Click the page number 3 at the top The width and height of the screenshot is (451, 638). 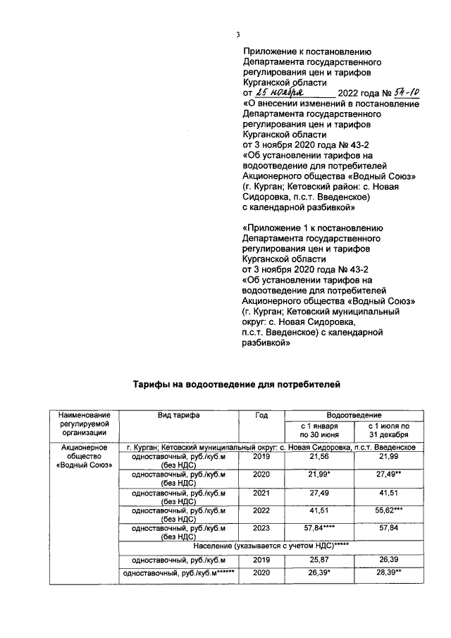pyautogui.click(x=237, y=35)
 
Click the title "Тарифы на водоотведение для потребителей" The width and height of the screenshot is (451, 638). pyautogui.click(x=237, y=385)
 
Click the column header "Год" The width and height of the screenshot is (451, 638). pyautogui.click(x=261, y=415)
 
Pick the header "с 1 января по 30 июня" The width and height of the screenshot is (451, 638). pyautogui.click(x=320, y=431)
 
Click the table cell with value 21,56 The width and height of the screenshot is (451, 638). pyautogui.click(x=320, y=458)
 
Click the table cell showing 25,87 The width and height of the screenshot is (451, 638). pyautogui.click(x=320, y=560)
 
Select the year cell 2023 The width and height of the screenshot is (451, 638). pyautogui.click(x=261, y=529)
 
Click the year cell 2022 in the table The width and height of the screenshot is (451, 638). pyautogui.click(x=261, y=511)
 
